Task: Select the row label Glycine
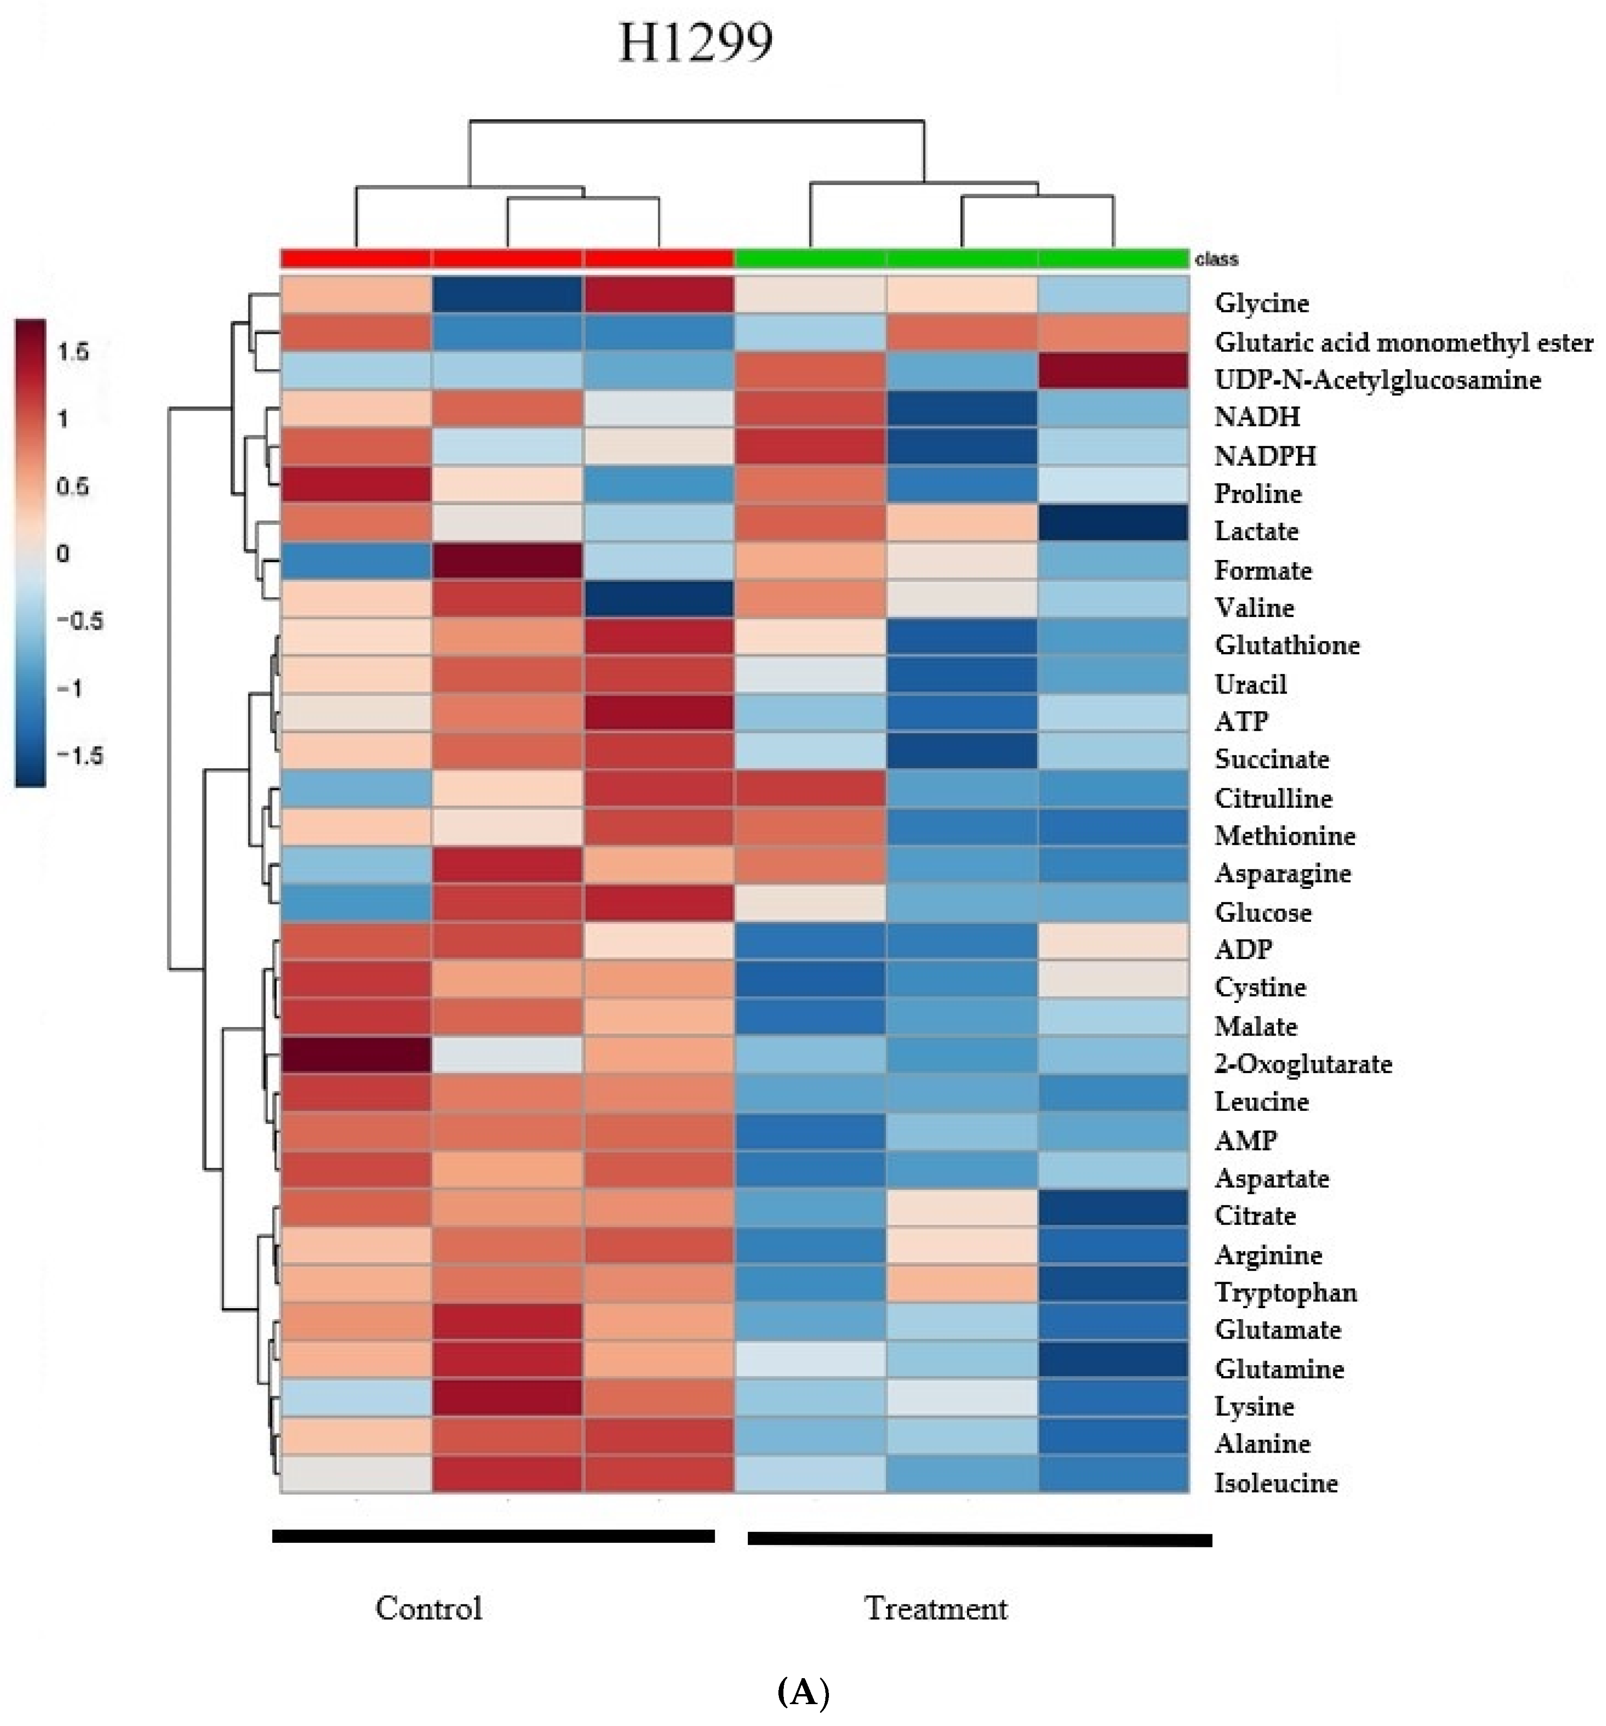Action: pos(1260,303)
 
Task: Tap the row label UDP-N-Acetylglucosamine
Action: pos(1377,380)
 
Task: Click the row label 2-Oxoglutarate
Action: pos(1302,1063)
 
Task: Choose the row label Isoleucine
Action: pos(1275,1482)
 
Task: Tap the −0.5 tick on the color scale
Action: pos(79,621)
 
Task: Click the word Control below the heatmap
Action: pos(428,1608)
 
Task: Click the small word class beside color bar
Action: pos(1216,259)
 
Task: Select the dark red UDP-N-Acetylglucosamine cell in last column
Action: pos(1113,371)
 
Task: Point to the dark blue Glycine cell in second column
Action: pos(507,294)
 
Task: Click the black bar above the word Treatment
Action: pos(979,1539)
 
